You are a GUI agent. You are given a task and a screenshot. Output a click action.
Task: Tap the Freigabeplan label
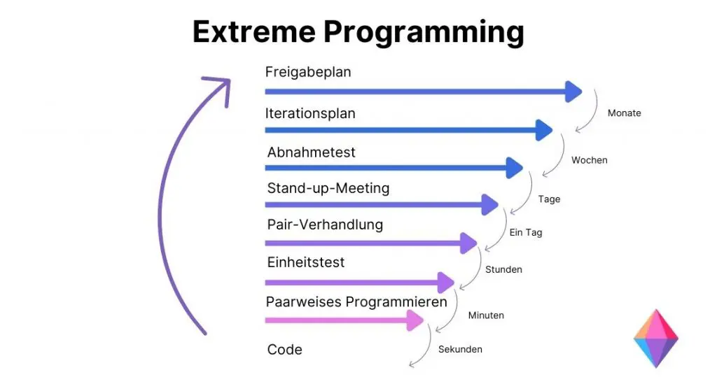coord(308,72)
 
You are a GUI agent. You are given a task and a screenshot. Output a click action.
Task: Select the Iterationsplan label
coord(310,113)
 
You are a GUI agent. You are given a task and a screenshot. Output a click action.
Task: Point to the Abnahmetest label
coord(312,152)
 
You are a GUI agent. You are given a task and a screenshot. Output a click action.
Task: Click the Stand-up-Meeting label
coord(328,188)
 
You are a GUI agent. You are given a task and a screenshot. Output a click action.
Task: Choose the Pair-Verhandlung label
coord(325,225)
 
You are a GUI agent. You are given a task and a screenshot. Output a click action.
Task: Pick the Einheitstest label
coord(306,262)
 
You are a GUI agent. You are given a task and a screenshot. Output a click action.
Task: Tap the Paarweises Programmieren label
coord(356,302)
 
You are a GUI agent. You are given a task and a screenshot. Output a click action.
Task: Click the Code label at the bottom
coord(285,350)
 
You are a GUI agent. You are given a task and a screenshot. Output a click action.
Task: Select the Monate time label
coord(624,113)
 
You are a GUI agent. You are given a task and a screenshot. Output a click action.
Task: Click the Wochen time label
coord(589,160)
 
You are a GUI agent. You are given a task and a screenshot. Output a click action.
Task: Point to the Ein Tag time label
coord(526,232)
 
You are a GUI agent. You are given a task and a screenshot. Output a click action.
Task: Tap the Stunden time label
coord(503,269)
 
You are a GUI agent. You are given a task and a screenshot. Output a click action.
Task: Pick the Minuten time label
coord(486,315)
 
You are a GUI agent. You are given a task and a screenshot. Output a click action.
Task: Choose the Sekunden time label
coord(460,349)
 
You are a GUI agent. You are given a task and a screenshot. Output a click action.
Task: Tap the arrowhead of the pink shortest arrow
coord(415,320)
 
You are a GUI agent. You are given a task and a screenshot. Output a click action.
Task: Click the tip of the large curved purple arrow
coord(224,84)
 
